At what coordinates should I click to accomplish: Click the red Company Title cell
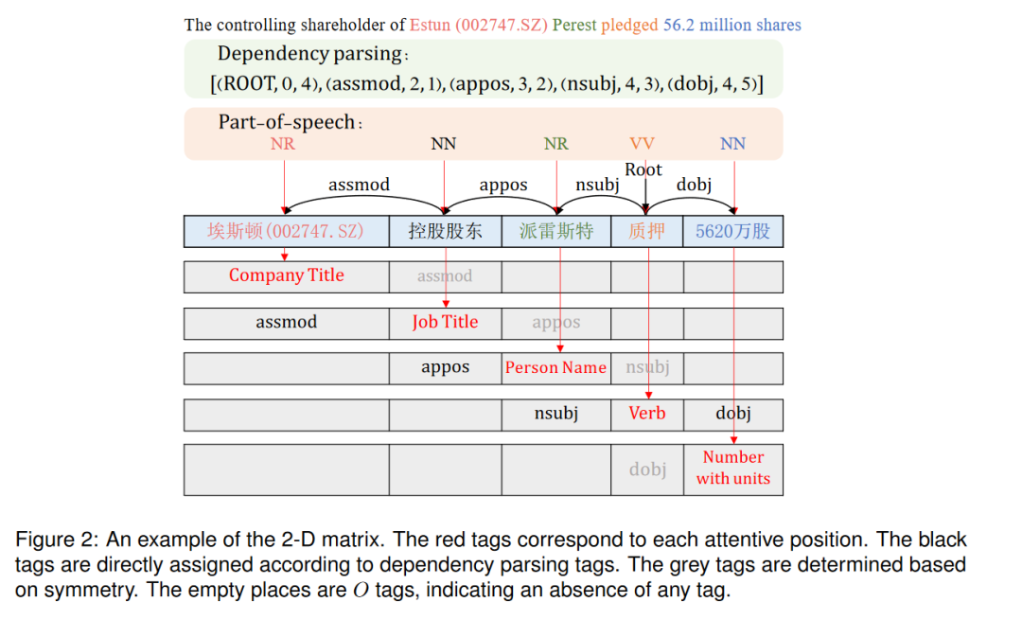[x=286, y=275]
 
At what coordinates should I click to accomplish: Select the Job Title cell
[x=445, y=322]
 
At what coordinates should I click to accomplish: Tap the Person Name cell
[x=555, y=367]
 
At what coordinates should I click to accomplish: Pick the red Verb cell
[x=647, y=413]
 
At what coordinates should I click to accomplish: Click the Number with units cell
[x=733, y=468]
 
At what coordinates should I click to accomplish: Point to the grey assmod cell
[x=445, y=276]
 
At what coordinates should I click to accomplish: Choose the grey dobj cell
[x=648, y=469]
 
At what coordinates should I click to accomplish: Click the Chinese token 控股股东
[x=445, y=231]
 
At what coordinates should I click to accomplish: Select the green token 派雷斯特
[x=555, y=231]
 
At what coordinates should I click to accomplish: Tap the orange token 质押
[x=647, y=231]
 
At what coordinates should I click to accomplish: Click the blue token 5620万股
[x=733, y=231]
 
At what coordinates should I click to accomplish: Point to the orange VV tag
[x=642, y=144]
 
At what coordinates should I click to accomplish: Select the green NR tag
[x=556, y=144]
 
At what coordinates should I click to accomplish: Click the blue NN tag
[x=733, y=144]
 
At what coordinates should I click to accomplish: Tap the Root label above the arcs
[x=643, y=169]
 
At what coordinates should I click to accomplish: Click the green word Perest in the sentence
[x=574, y=25]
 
